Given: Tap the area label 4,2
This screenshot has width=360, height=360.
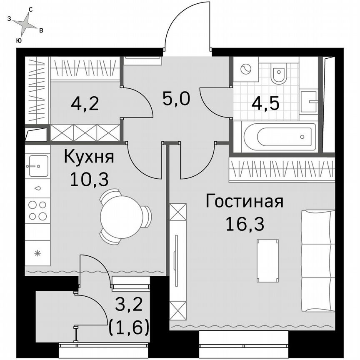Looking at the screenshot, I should [x=85, y=103].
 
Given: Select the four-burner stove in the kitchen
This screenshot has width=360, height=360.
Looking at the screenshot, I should [x=37, y=210].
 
